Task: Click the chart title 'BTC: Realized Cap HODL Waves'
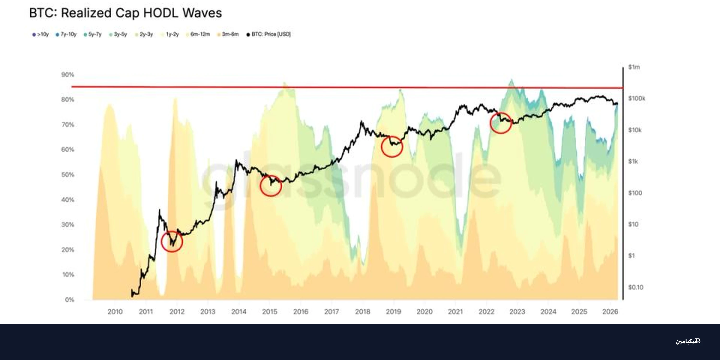[x=126, y=13]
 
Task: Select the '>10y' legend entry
[x=41, y=34]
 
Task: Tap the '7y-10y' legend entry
[x=66, y=34]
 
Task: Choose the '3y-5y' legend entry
[x=118, y=34]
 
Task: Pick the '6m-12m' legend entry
[x=198, y=34]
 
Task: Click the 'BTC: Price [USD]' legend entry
[x=269, y=34]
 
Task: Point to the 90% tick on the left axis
[x=68, y=75]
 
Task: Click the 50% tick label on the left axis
[x=68, y=175]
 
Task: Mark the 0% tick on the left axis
[x=69, y=300]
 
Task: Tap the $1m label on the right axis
[x=634, y=67]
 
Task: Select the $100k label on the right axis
[x=636, y=98]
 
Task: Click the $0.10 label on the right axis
[x=636, y=287]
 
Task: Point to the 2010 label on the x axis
[x=115, y=312]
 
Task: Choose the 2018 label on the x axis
[x=362, y=312]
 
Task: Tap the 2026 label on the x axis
[x=610, y=312]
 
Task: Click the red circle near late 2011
[x=172, y=241]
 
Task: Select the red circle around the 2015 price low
[x=270, y=186]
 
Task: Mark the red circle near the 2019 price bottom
[x=392, y=146]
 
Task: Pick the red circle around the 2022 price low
[x=501, y=123]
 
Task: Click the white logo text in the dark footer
[x=688, y=341]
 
